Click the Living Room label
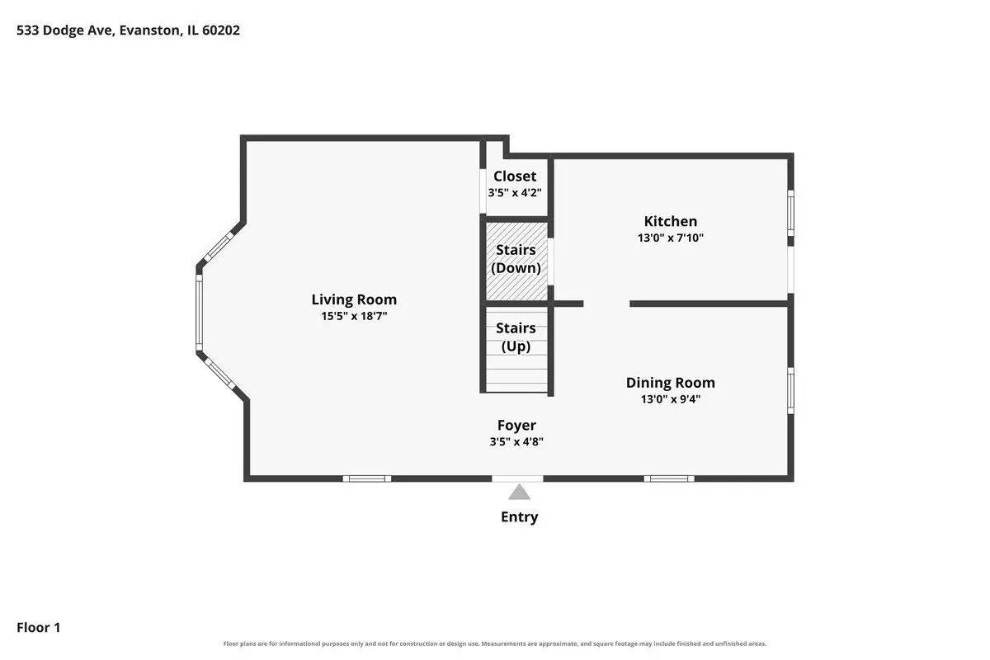click(354, 299)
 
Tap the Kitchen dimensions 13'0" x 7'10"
click(671, 238)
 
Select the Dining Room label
click(671, 382)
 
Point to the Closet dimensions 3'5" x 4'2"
click(515, 193)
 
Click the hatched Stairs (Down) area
click(516, 262)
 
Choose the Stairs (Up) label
click(516, 337)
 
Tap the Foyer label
click(516, 425)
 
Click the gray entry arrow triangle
click(519, 493)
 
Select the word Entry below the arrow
click(519, 517)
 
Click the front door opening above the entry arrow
click(517, 478)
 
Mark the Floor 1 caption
click(39, 628)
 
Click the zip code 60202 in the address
click(221, 30)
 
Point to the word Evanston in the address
click(150, 30)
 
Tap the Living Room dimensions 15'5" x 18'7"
click(354, 316)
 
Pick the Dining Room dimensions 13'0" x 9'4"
click(671, 399)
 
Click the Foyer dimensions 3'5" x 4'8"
click(516, 441)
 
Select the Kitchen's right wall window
click(790, 213)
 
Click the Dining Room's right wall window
click(790, 391)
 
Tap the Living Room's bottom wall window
click(367, 478)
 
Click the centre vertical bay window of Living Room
click(200, 313)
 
